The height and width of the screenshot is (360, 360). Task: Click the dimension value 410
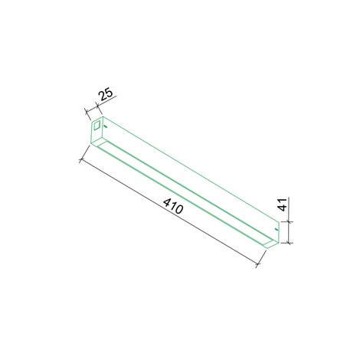click(x=173, y=206)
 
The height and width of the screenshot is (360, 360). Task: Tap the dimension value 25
click(x=106, y=94)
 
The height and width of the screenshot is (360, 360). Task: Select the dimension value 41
click(x=282, y=205)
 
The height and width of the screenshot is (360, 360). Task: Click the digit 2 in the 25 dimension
click(x=103, y=96)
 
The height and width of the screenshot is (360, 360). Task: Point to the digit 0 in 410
click(x=179, y=209)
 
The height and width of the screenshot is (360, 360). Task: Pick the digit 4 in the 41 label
click(x=282, y=208)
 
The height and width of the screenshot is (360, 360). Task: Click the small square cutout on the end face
click(x=97, y=126)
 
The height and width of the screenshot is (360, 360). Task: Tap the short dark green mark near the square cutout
click(x=106, y=126)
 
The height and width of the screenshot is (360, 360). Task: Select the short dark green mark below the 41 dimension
click(x=276, y=230)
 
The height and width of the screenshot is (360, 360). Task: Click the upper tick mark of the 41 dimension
click(x=289, y=221)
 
